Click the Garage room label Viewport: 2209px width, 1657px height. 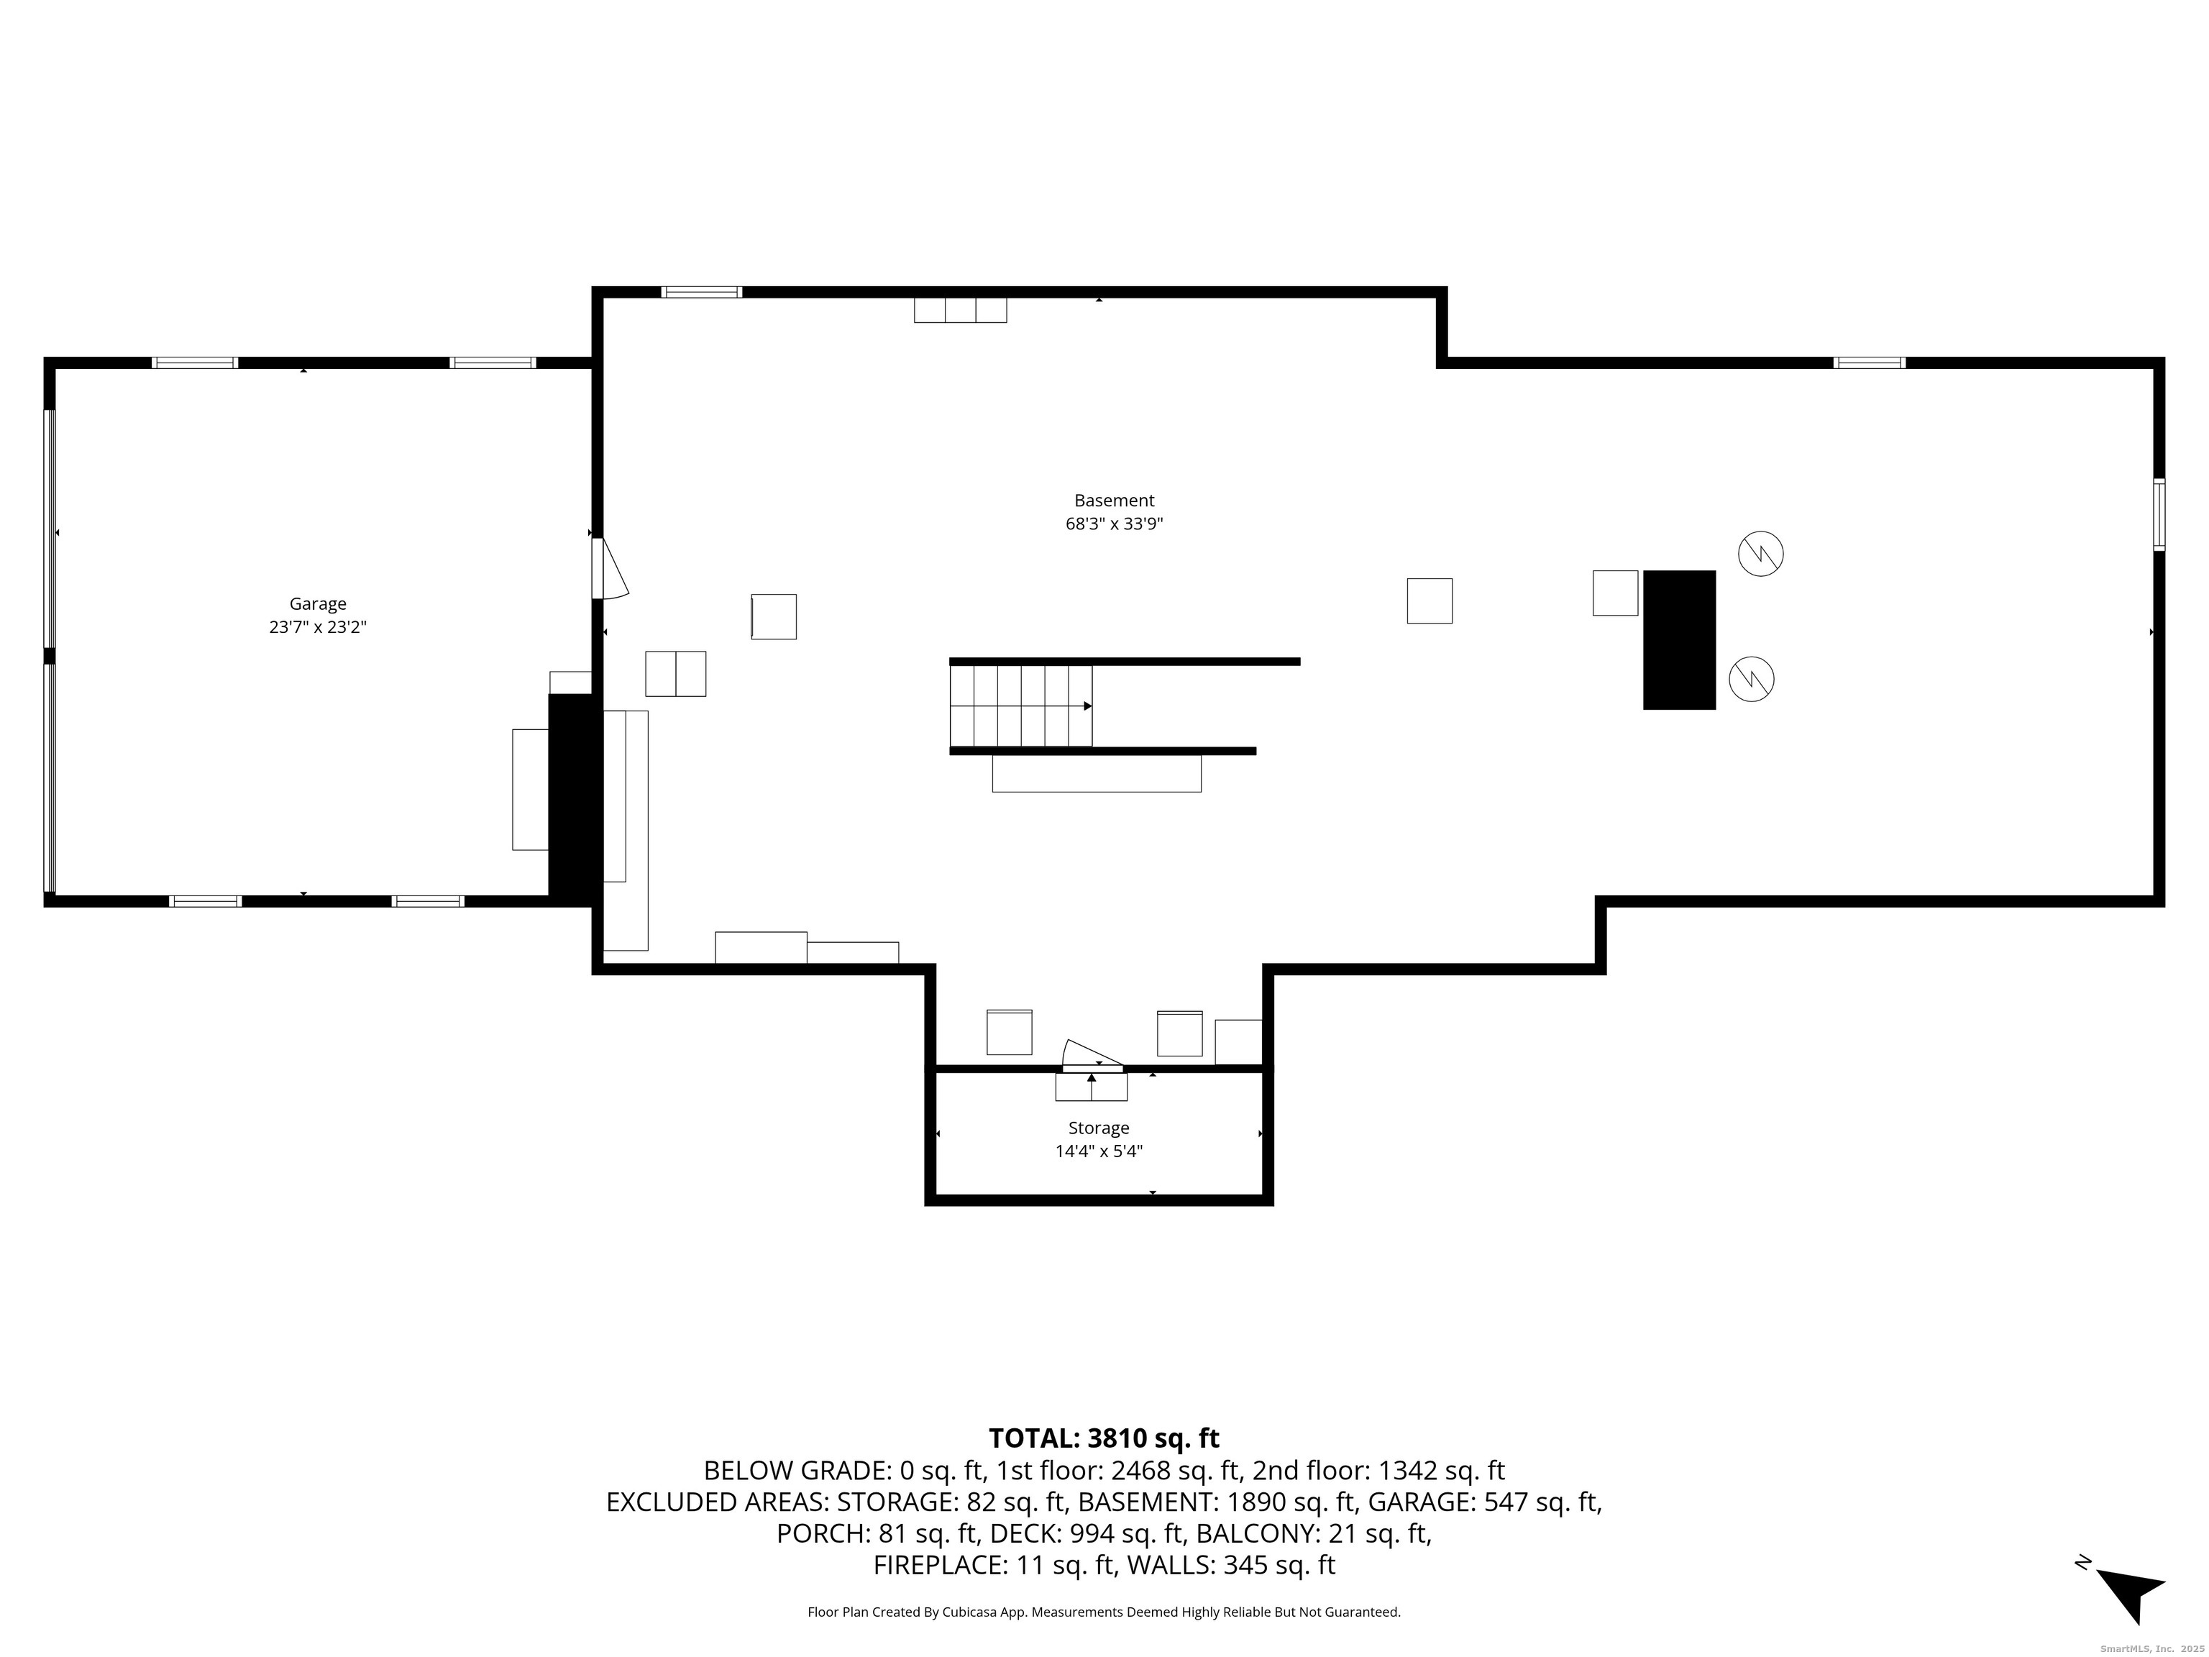tap(318, 603)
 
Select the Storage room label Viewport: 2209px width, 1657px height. tap(1099, 1128)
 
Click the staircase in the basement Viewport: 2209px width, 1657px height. tap(1020, 705)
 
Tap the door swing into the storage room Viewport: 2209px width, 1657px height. tap(1091, 1054)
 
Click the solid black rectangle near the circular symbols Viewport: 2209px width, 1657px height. tap(1679, 639)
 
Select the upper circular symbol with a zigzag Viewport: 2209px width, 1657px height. tap(1760, 553)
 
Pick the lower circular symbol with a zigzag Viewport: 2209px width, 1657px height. tap(1752, 679)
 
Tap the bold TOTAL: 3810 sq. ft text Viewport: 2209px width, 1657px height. tap(1104, 1438)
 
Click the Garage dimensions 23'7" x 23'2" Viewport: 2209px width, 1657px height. tap(318, 627)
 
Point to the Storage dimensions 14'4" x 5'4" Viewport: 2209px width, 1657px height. tap(1099, 1151)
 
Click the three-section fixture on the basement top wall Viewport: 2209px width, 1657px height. tap(960, 310)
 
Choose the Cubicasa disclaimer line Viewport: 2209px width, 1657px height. tap(1104, 1611)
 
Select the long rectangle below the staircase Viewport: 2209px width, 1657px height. tap(1097, 773)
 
